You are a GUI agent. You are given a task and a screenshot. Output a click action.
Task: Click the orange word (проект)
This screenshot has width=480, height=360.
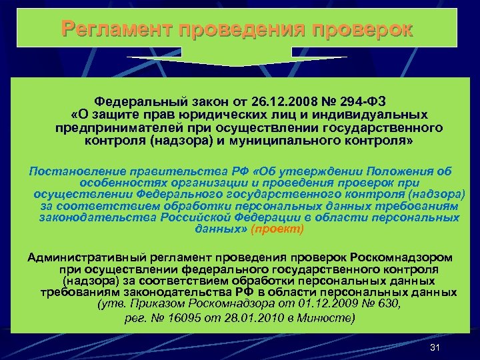(x=277, y=229)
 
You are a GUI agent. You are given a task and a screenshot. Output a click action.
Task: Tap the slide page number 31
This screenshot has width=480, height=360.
(x=437, y=349)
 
